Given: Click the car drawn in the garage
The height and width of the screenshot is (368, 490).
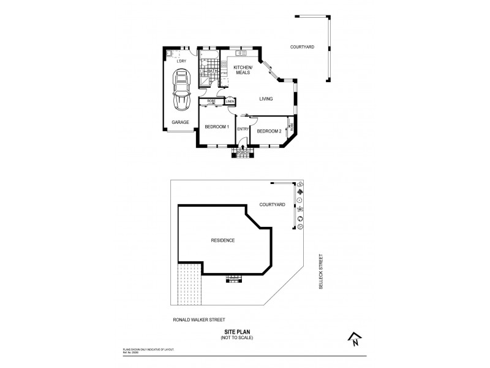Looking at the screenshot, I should pos(182,89).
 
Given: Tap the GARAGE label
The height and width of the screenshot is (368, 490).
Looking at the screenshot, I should pos(180,122).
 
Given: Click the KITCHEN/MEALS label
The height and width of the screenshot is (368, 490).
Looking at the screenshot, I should pos(243,69).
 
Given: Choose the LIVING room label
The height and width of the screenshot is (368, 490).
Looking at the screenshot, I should pos(265,99).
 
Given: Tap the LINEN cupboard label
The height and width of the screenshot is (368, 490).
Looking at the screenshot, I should pos(230,101).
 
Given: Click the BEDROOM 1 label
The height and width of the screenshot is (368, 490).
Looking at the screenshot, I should pos(217,127).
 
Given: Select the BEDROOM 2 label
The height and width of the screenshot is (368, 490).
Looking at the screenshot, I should pos(269,131).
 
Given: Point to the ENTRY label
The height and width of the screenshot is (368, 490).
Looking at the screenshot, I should pos(243,129).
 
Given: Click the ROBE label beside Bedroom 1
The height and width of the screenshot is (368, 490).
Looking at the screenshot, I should pos(211,101).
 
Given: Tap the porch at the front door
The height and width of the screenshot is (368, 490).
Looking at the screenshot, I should pos(243,152).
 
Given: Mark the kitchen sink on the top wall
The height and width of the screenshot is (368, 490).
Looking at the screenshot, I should pos(236,53).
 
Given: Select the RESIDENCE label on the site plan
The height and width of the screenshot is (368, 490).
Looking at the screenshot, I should pos(222,240).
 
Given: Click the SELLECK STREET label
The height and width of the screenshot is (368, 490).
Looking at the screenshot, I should pos(320,273).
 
